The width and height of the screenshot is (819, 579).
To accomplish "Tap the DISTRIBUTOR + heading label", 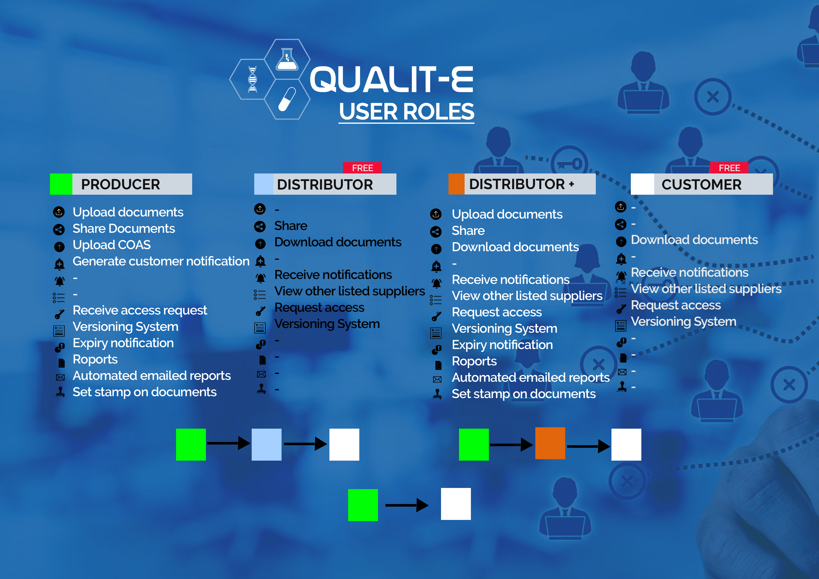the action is coord(522,184).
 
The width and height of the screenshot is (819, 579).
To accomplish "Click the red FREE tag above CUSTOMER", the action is coord(729,168).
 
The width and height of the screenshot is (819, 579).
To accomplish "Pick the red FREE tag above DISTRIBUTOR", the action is coord(362,168).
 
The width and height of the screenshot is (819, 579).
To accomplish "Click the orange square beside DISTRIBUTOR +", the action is coord(456,184).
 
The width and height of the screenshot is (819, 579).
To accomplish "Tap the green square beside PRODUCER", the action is coord(61,184).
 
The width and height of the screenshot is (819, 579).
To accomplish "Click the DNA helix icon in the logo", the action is coord(253,79).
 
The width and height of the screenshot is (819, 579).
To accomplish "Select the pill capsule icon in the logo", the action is coord(287,99).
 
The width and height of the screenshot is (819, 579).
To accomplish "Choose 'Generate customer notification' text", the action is coord(161,261).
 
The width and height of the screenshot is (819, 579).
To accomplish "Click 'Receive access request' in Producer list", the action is coord(140,310).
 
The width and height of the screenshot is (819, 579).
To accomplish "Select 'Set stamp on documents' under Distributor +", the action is coord(524,394).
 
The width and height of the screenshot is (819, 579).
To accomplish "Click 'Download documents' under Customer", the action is coord(694,240).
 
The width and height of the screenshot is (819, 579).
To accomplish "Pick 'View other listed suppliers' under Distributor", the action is coord(349,291).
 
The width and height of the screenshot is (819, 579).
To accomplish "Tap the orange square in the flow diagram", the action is coord(550,443).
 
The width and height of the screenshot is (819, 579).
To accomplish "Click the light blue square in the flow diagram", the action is coord(266,445).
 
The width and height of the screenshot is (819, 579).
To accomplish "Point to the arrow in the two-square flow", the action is coord(407,505).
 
